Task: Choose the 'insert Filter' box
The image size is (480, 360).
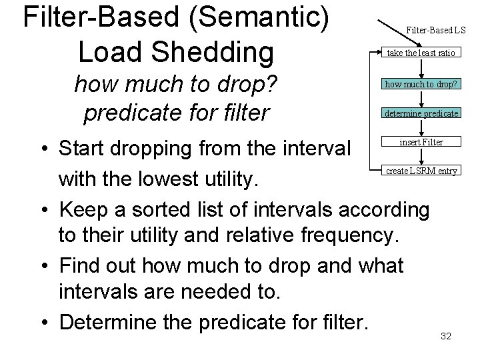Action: coord(421,142)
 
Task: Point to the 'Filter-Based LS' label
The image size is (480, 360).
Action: coord(437,29)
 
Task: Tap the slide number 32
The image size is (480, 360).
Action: coord(446,336)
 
